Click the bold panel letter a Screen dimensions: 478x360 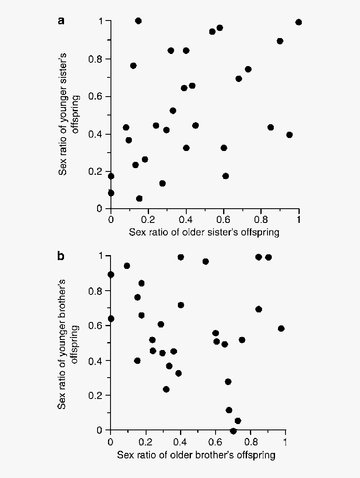click(x=61, y=21)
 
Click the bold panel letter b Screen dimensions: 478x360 click(x=61, y=256)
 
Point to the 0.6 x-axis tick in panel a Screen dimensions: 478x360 click(x=224, y=219)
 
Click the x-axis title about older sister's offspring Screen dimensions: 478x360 click(x=204, y=232)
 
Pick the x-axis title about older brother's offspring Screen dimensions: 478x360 click(x=196, y=455)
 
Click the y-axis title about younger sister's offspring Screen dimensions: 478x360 click(x=69, y=114)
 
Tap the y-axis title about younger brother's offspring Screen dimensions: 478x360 click(x=69, y=343)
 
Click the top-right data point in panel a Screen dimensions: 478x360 click(x=298, y=22)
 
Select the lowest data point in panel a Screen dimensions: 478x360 click(x=139, y=198)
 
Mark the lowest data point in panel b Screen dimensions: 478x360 click(x=233, y=431)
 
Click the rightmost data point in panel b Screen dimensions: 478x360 click(x=281, y=328)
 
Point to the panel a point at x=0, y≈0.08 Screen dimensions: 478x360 click(x=111, y=193)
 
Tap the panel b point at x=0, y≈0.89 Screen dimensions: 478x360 click(x=111, y=274)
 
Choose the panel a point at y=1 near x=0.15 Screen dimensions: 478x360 click(x=138, y=21)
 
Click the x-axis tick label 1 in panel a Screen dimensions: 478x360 click(x=298, y=219)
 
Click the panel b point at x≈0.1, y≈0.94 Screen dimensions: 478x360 click(x=127, y=266)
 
